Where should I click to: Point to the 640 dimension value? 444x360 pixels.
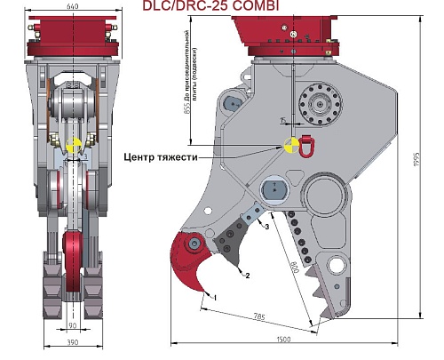(x=73, y=6)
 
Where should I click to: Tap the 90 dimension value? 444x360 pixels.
(x=72, y=326)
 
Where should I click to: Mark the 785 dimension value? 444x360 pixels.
(x=259, y=315)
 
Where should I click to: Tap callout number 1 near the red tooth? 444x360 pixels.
(x=213, y=294)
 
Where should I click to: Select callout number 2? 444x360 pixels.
(x=248, y=276)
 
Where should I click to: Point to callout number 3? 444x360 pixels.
(x=266, y=227)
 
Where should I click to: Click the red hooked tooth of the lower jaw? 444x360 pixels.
(x=190, y=260)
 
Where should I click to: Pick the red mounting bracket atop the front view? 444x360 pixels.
(x=73, y=40)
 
